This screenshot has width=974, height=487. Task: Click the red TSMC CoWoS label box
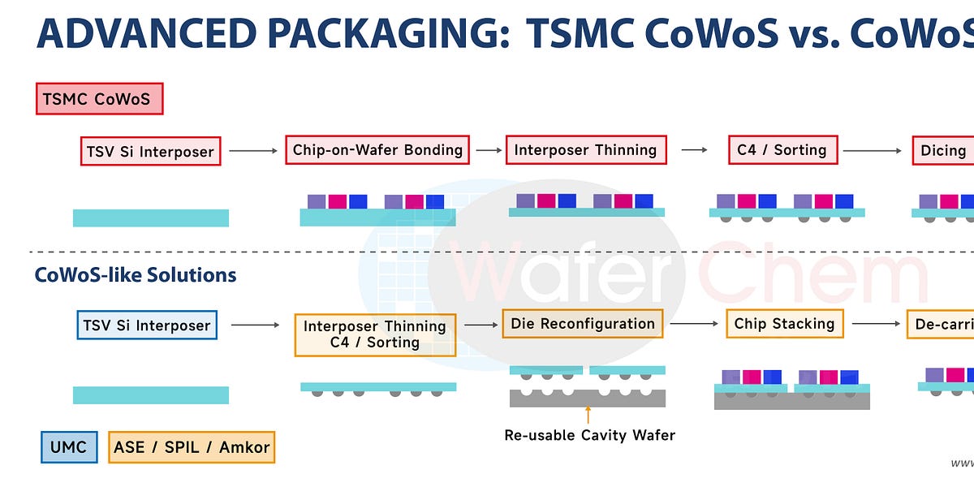(99, 100)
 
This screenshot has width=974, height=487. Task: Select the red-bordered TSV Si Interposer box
(150, 151)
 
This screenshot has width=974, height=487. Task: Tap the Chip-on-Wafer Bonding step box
(377, 150)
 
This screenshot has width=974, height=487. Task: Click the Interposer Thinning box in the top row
(585, 150)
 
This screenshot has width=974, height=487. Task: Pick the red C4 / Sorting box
(782, 150)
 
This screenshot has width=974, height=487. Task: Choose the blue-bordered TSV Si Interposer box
(147, 325)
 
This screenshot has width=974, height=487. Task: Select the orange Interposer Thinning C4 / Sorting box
(375, 334)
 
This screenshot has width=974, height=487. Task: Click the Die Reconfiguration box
(582, 324)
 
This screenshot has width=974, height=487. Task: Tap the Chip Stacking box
(784, 324)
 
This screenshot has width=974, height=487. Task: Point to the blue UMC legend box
(69, 447)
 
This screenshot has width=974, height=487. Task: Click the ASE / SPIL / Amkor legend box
(192, 447)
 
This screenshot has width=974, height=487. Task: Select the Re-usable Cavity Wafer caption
(589, 435)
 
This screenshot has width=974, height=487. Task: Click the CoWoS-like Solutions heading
(136, 275)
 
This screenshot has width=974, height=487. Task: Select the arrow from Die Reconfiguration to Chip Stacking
(694, 324)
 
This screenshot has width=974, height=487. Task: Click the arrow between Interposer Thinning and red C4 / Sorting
(694, 150)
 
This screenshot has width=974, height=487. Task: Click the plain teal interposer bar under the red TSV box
(150, 218)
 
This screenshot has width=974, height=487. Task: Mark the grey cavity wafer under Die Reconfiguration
(588, 398)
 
